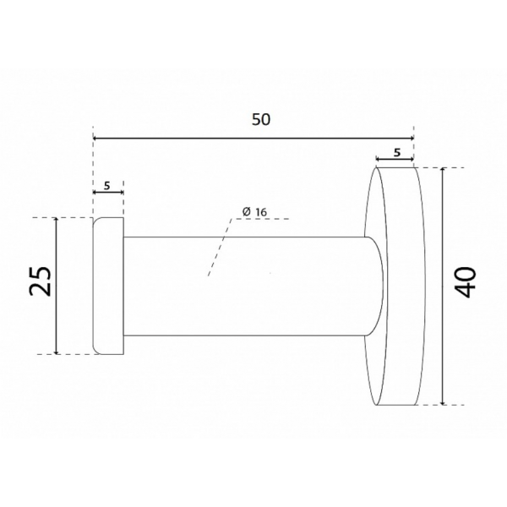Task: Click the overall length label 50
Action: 260,120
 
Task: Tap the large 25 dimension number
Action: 41,281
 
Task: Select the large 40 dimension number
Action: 466,282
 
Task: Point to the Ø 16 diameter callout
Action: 255,212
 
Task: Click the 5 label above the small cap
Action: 107,186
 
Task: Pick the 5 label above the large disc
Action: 397,152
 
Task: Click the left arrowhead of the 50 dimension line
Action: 95,139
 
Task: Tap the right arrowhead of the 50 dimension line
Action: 412,139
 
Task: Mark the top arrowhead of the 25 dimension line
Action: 57,220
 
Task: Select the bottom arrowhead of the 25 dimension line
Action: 57,352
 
